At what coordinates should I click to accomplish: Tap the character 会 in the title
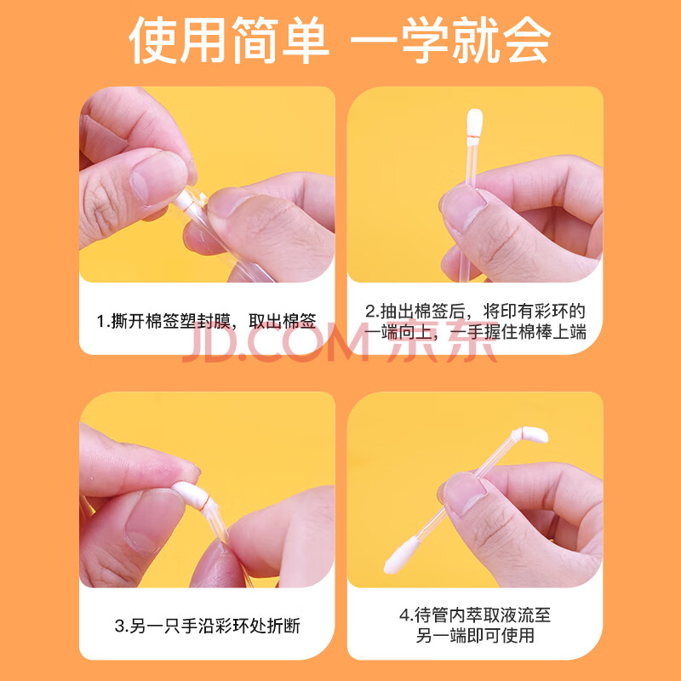pos(526,40)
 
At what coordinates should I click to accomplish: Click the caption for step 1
pos(206,322)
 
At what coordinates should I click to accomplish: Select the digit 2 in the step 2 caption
pos(370,312)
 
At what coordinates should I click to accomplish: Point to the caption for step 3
pos(207,626)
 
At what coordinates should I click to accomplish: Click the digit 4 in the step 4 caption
pos(405,615)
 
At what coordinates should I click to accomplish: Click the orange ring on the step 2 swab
pos(472,138)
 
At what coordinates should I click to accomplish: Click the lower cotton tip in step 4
pos(401,556)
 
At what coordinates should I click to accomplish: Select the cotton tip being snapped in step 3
pos(189,495)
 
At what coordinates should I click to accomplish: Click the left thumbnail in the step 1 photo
pos(159,178)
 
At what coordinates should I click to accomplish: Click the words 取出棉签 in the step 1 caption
pos(283,322)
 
